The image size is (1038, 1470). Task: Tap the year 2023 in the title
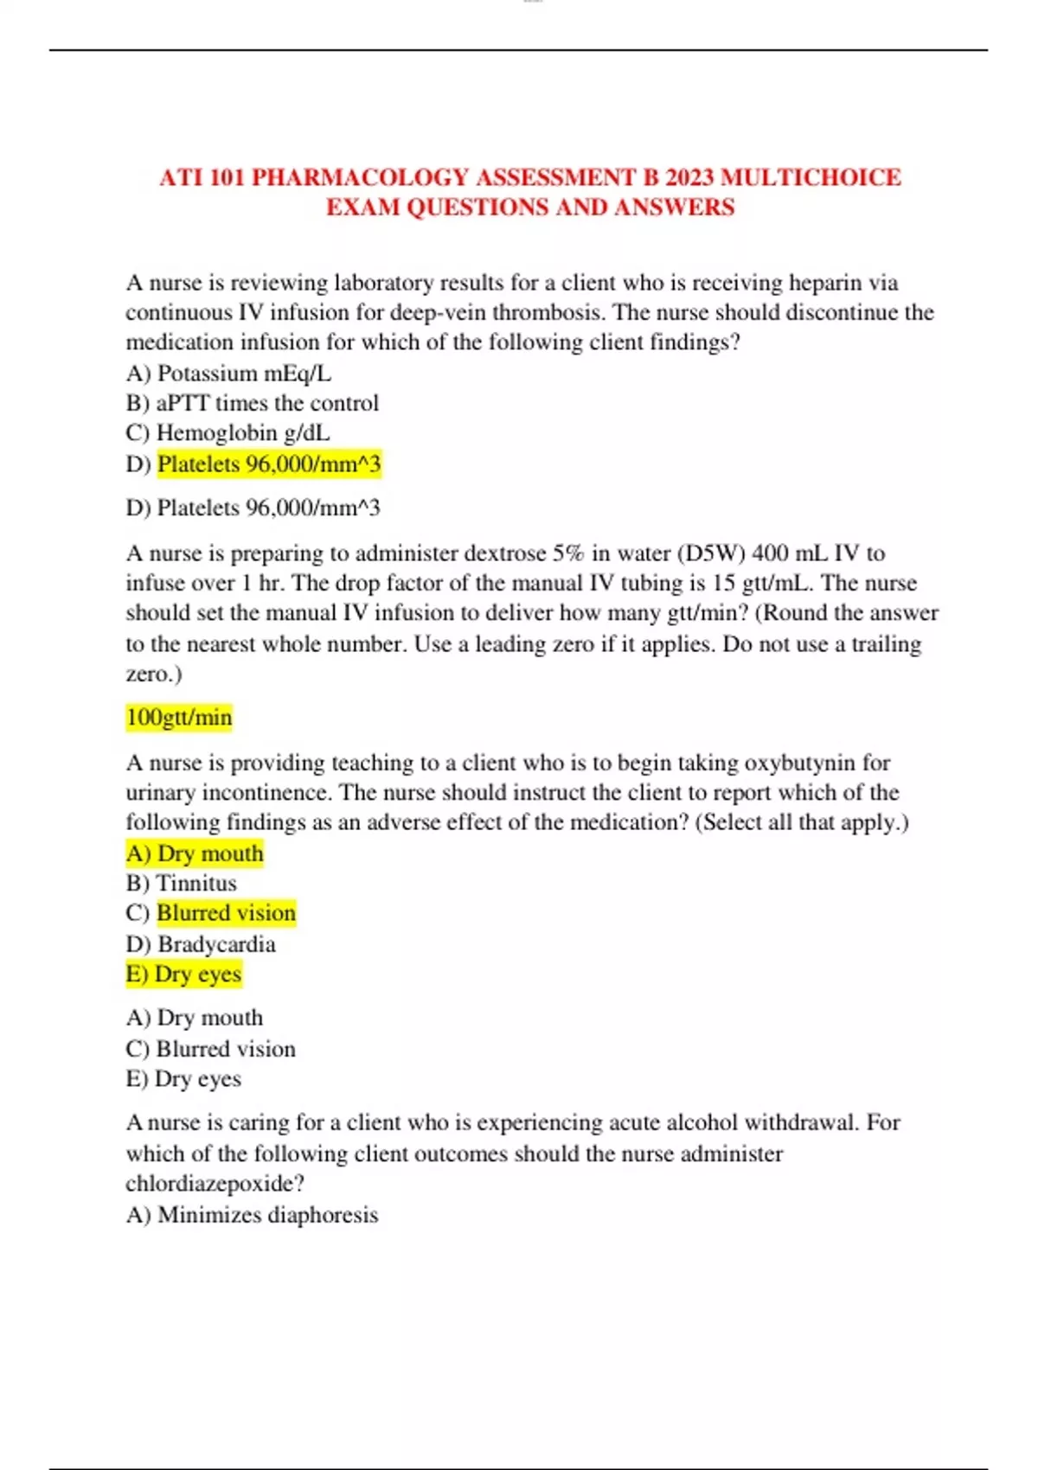coord(689,177)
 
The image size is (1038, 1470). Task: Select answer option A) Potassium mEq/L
coord(228,374)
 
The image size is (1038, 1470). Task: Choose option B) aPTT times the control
coord(252,403)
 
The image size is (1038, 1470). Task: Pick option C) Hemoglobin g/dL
coord(227,432)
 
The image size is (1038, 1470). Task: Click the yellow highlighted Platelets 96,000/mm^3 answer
coord(269,464)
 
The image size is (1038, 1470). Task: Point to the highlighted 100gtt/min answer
coord(179,717)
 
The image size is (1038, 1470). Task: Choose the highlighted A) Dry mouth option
coord(195,853)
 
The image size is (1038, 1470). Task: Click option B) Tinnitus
coord(181,883)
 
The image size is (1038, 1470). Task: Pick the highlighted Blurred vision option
coord(227,913)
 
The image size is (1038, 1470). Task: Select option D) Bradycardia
coord(201,943)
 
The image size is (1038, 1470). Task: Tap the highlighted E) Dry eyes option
coord(183,974)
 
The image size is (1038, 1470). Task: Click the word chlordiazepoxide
coord(215,1183)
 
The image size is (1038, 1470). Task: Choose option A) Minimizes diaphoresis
coord(252,1215)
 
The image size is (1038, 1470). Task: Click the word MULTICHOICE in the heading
coord(811,177)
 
